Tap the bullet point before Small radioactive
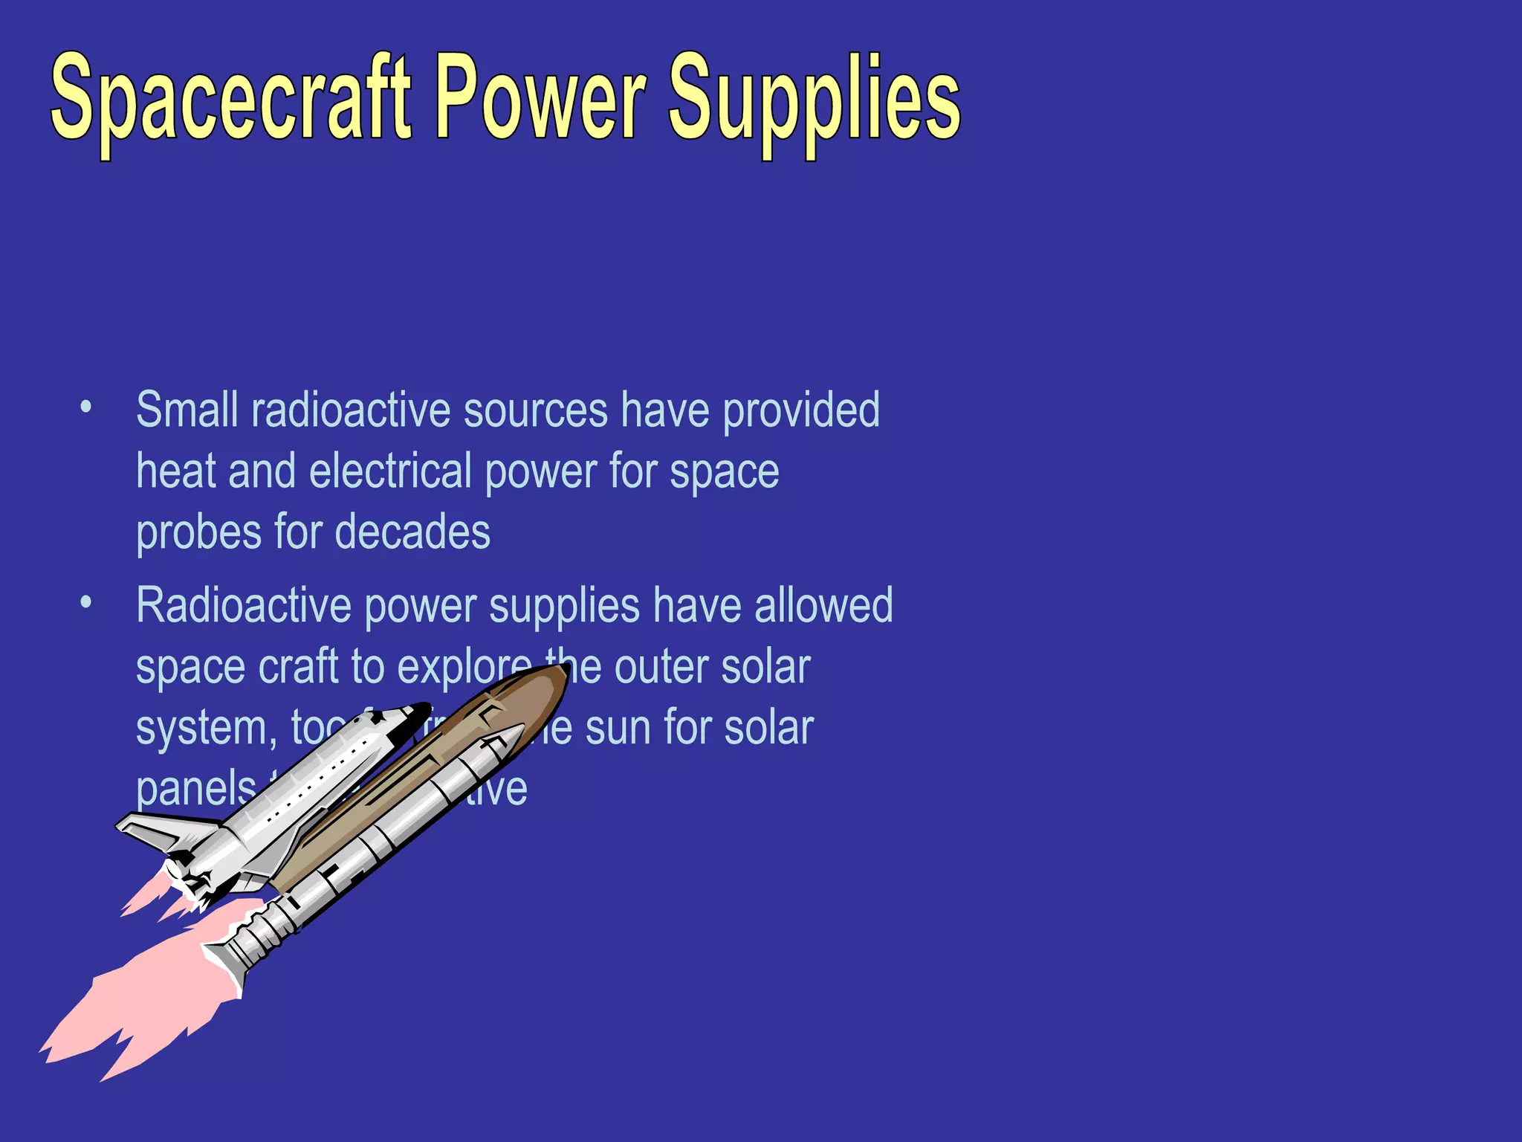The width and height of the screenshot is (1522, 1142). coord(86,407)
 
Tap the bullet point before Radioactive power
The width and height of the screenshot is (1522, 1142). coord(86,603)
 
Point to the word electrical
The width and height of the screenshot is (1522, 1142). coord(390,471)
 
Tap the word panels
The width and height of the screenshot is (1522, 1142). coord(195,790)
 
